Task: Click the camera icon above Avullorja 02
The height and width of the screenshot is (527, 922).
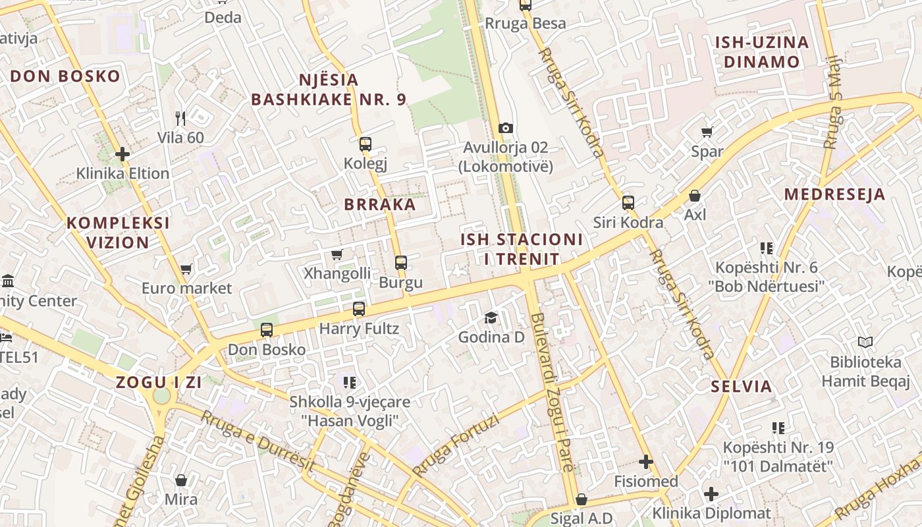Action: pyautogui.click(x=506, y=128)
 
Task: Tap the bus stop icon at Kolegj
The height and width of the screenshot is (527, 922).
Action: pyautogui.click(x=366, y=144)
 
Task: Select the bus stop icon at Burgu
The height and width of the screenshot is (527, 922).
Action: pyautogui.click(x=401, y=263)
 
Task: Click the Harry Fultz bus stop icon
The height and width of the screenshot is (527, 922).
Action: pyautogui.click(x=359, y=308)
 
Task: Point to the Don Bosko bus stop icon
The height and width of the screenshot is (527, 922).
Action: pyautogui.click(x=267, y=330)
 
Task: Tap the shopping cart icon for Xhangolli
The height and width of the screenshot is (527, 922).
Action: pyautogui.click(x=337, y=254)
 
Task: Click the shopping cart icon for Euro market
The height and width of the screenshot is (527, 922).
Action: pyautogui.click(x=186, y=269)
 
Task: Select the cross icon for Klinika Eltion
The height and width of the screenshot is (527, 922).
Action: pyautogui.click(x=122, y=154)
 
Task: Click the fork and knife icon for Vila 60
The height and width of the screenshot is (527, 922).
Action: pyautogui.click(x=180, y=119)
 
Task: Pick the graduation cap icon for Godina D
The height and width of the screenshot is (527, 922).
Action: pyautogui.click(x=491, y=318)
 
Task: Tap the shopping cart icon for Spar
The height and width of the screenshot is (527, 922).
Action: pyautogui.click(x=707, y=132)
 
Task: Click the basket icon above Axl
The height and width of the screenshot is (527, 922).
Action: pyautogui.click(x=695, y=196)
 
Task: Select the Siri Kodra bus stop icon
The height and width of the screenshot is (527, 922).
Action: pyautogui.click(x=628, y=203)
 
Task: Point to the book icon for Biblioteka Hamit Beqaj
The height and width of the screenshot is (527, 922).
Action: pyautogui.click(x=865, y=343)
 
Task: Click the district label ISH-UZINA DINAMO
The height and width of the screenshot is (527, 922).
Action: pyautogui.click(x=762, y=52)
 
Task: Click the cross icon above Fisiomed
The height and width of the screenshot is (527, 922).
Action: pyautogui.click(x=646, y=462)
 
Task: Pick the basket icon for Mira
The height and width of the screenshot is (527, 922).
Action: pyautogui.click(x=181, y=480)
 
